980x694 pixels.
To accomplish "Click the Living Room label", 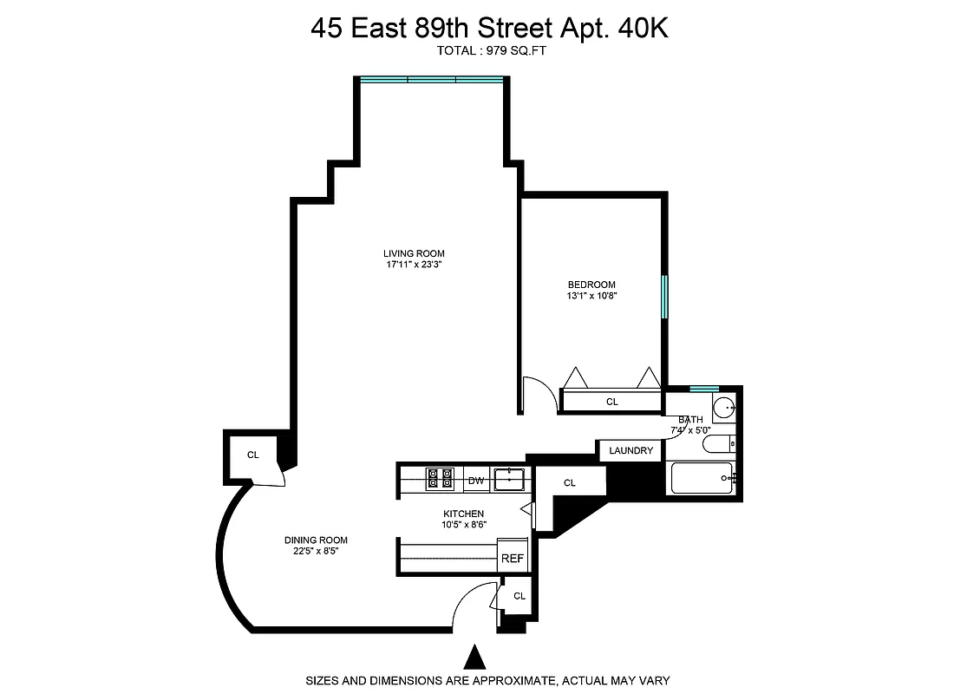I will point(415,253).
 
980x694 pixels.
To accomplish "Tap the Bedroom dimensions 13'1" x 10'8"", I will point(591,296).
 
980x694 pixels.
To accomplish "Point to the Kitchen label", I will point(464,514).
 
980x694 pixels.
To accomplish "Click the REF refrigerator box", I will point(513,558).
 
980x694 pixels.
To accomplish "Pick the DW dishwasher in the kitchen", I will point(475,480).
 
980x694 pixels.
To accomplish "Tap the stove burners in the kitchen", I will point(440,479).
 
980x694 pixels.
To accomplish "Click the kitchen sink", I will point(509,479).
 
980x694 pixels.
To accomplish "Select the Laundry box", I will point(630,450).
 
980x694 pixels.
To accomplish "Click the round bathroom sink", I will point(724,407).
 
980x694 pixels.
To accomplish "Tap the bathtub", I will point(702,478).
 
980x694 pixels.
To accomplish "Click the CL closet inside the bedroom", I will point(612,402).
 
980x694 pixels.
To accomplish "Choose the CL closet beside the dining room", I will point(253,455).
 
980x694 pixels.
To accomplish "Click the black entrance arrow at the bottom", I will point(474,655).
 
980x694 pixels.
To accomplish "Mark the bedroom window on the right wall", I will point(665,297).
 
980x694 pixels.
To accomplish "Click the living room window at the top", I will point(432,80).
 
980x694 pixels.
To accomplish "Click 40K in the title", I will point(643,28).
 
